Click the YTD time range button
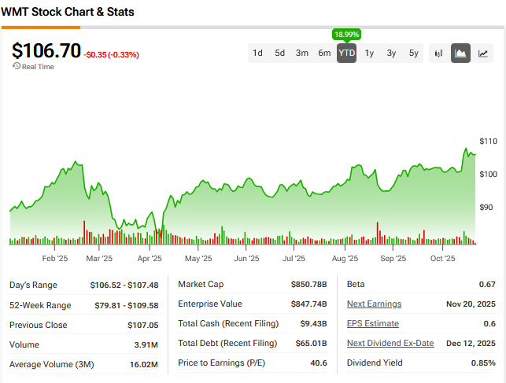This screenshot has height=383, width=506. point(346,53)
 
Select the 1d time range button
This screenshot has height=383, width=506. point(257,53)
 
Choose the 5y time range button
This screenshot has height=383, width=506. point(414,53)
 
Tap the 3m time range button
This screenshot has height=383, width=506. point(302,53)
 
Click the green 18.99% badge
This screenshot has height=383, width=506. point(346,35)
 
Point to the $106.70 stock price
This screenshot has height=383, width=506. point(46,51)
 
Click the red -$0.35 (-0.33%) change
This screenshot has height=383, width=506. point(111,55)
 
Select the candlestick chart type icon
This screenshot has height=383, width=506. point(439,53)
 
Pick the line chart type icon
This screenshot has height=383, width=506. point(483,53)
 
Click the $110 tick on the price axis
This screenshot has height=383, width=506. point(488,141)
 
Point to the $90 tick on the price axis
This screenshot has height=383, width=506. point(487,207)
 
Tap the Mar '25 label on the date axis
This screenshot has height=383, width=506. point(99,258)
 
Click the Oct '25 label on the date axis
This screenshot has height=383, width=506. point(443,258)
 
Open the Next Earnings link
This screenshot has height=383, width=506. point(374,304)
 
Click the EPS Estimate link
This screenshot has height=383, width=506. point(372,323)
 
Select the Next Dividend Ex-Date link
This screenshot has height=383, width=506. point(390,343)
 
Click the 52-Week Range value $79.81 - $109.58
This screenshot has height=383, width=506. point(128,305)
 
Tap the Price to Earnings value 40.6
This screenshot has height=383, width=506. point(319,363)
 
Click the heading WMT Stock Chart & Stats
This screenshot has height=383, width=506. point(68,13)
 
